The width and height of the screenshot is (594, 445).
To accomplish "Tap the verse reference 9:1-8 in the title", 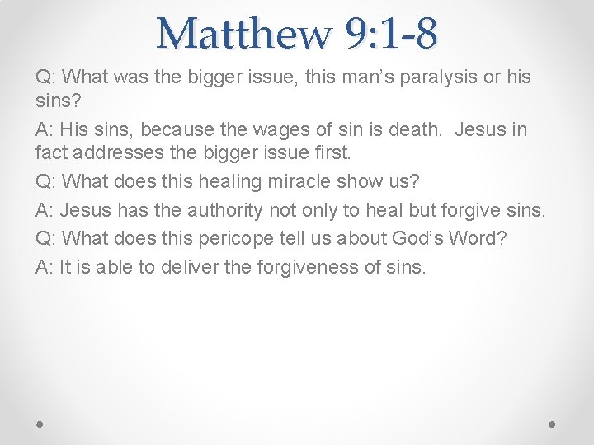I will [393, 33].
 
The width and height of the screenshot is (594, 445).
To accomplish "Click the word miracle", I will [301, 180].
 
